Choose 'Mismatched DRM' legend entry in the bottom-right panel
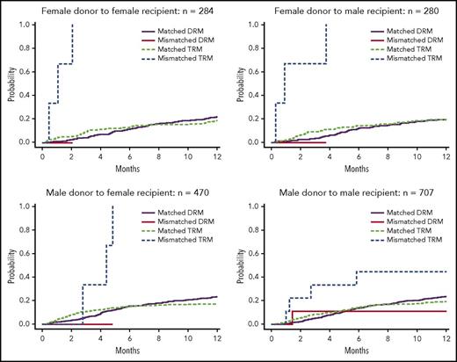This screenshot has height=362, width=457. pos(405,224)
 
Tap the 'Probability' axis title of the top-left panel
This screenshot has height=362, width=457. pos(8,83)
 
